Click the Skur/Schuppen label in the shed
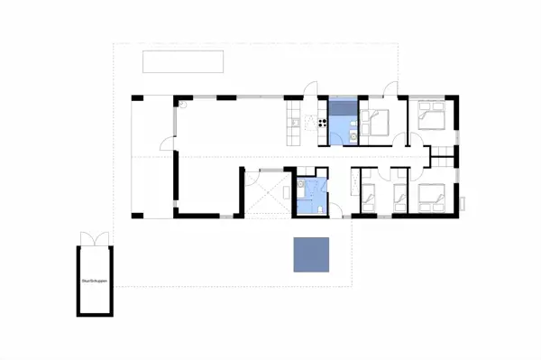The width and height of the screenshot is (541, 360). pyautogui.click(x=95, y=282)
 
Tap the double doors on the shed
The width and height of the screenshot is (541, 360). pyautogui.click(x=94, y=239)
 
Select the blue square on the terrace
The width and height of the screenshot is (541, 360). pyautogui.click(x=311, y=254)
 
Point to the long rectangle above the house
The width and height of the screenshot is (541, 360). pyautogui.click(x=184, y=62)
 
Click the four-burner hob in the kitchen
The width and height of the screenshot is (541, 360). pyautogui.click(x=321, y=119)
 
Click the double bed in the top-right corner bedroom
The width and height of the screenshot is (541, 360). pyautogui.click(x=431, y=115)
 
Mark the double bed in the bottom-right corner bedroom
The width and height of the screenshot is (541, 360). pyautogui.click(x=428, y=193)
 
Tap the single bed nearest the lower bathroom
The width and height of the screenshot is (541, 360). pyautogui.click(x=368, y=193)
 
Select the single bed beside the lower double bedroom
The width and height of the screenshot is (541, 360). pyautogui.click(x=399, y=193)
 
